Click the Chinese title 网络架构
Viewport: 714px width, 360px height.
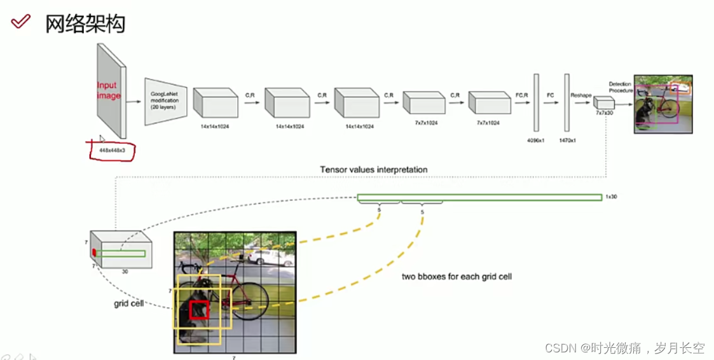pos(85,24)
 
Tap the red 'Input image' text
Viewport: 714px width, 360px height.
pos(108,90)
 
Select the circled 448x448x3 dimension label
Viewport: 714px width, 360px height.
pos(111,150)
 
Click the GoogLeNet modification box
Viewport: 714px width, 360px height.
pos(165,102)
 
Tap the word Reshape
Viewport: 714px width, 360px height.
pos(580,95)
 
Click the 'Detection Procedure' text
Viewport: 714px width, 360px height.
pos(621,87)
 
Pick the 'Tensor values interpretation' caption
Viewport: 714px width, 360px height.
pos(373,169)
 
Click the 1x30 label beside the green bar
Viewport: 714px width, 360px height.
pos(610,197)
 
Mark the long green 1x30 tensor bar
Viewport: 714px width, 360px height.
pos(479,197)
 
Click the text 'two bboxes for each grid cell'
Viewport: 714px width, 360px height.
pos(457,277)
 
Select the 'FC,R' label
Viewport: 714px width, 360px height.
pos(521,95)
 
